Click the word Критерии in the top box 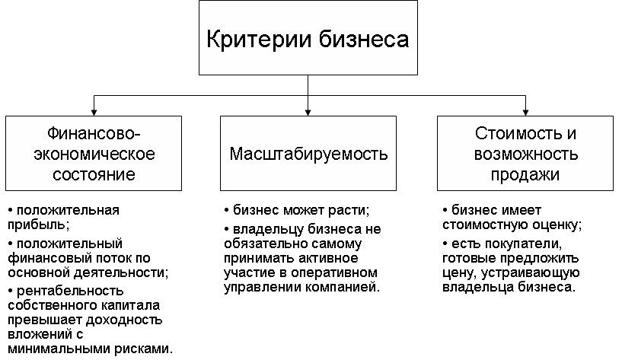click(259, 40)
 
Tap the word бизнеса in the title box click(364, 40)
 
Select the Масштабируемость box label click(308, 154)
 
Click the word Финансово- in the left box click(94, 133)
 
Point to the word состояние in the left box click(94, 174)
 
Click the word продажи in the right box click(525, 175)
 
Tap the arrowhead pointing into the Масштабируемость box click(308, 112)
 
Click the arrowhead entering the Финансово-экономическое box click(94, 112)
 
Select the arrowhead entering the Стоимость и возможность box click(525, 112)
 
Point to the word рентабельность click(70, 291)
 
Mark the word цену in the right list click(456, 273)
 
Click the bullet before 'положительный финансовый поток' click(11, 244)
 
